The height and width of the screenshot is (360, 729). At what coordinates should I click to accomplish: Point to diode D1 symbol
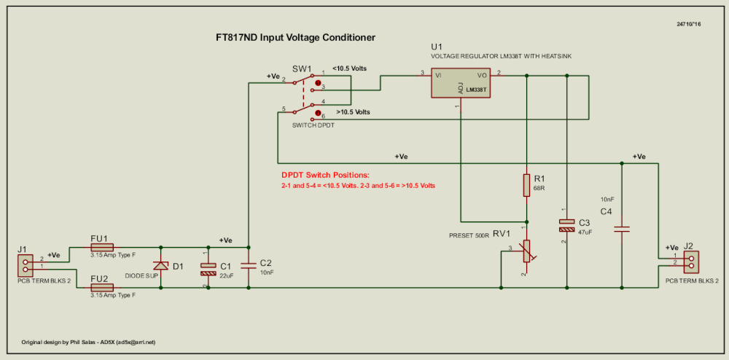click(161, 267)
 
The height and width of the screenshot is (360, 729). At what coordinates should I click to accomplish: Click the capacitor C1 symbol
click(208, 269)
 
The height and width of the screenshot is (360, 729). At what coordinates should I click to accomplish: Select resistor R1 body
click(526, 185)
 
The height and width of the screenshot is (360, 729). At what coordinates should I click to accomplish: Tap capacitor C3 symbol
click(566, 225)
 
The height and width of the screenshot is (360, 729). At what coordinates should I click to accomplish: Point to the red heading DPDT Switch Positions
click(325, 176)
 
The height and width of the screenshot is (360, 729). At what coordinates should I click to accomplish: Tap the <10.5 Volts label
click(349, 69)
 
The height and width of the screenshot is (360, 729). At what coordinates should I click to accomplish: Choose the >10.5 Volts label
click(353, 112)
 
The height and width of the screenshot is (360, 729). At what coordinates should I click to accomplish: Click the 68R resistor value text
click(540, 188)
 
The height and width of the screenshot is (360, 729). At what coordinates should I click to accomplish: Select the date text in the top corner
click(688, 24)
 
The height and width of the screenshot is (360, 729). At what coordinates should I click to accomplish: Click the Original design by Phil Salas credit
click(88, 342)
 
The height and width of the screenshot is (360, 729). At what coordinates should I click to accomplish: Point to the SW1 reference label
click(301, 68)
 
